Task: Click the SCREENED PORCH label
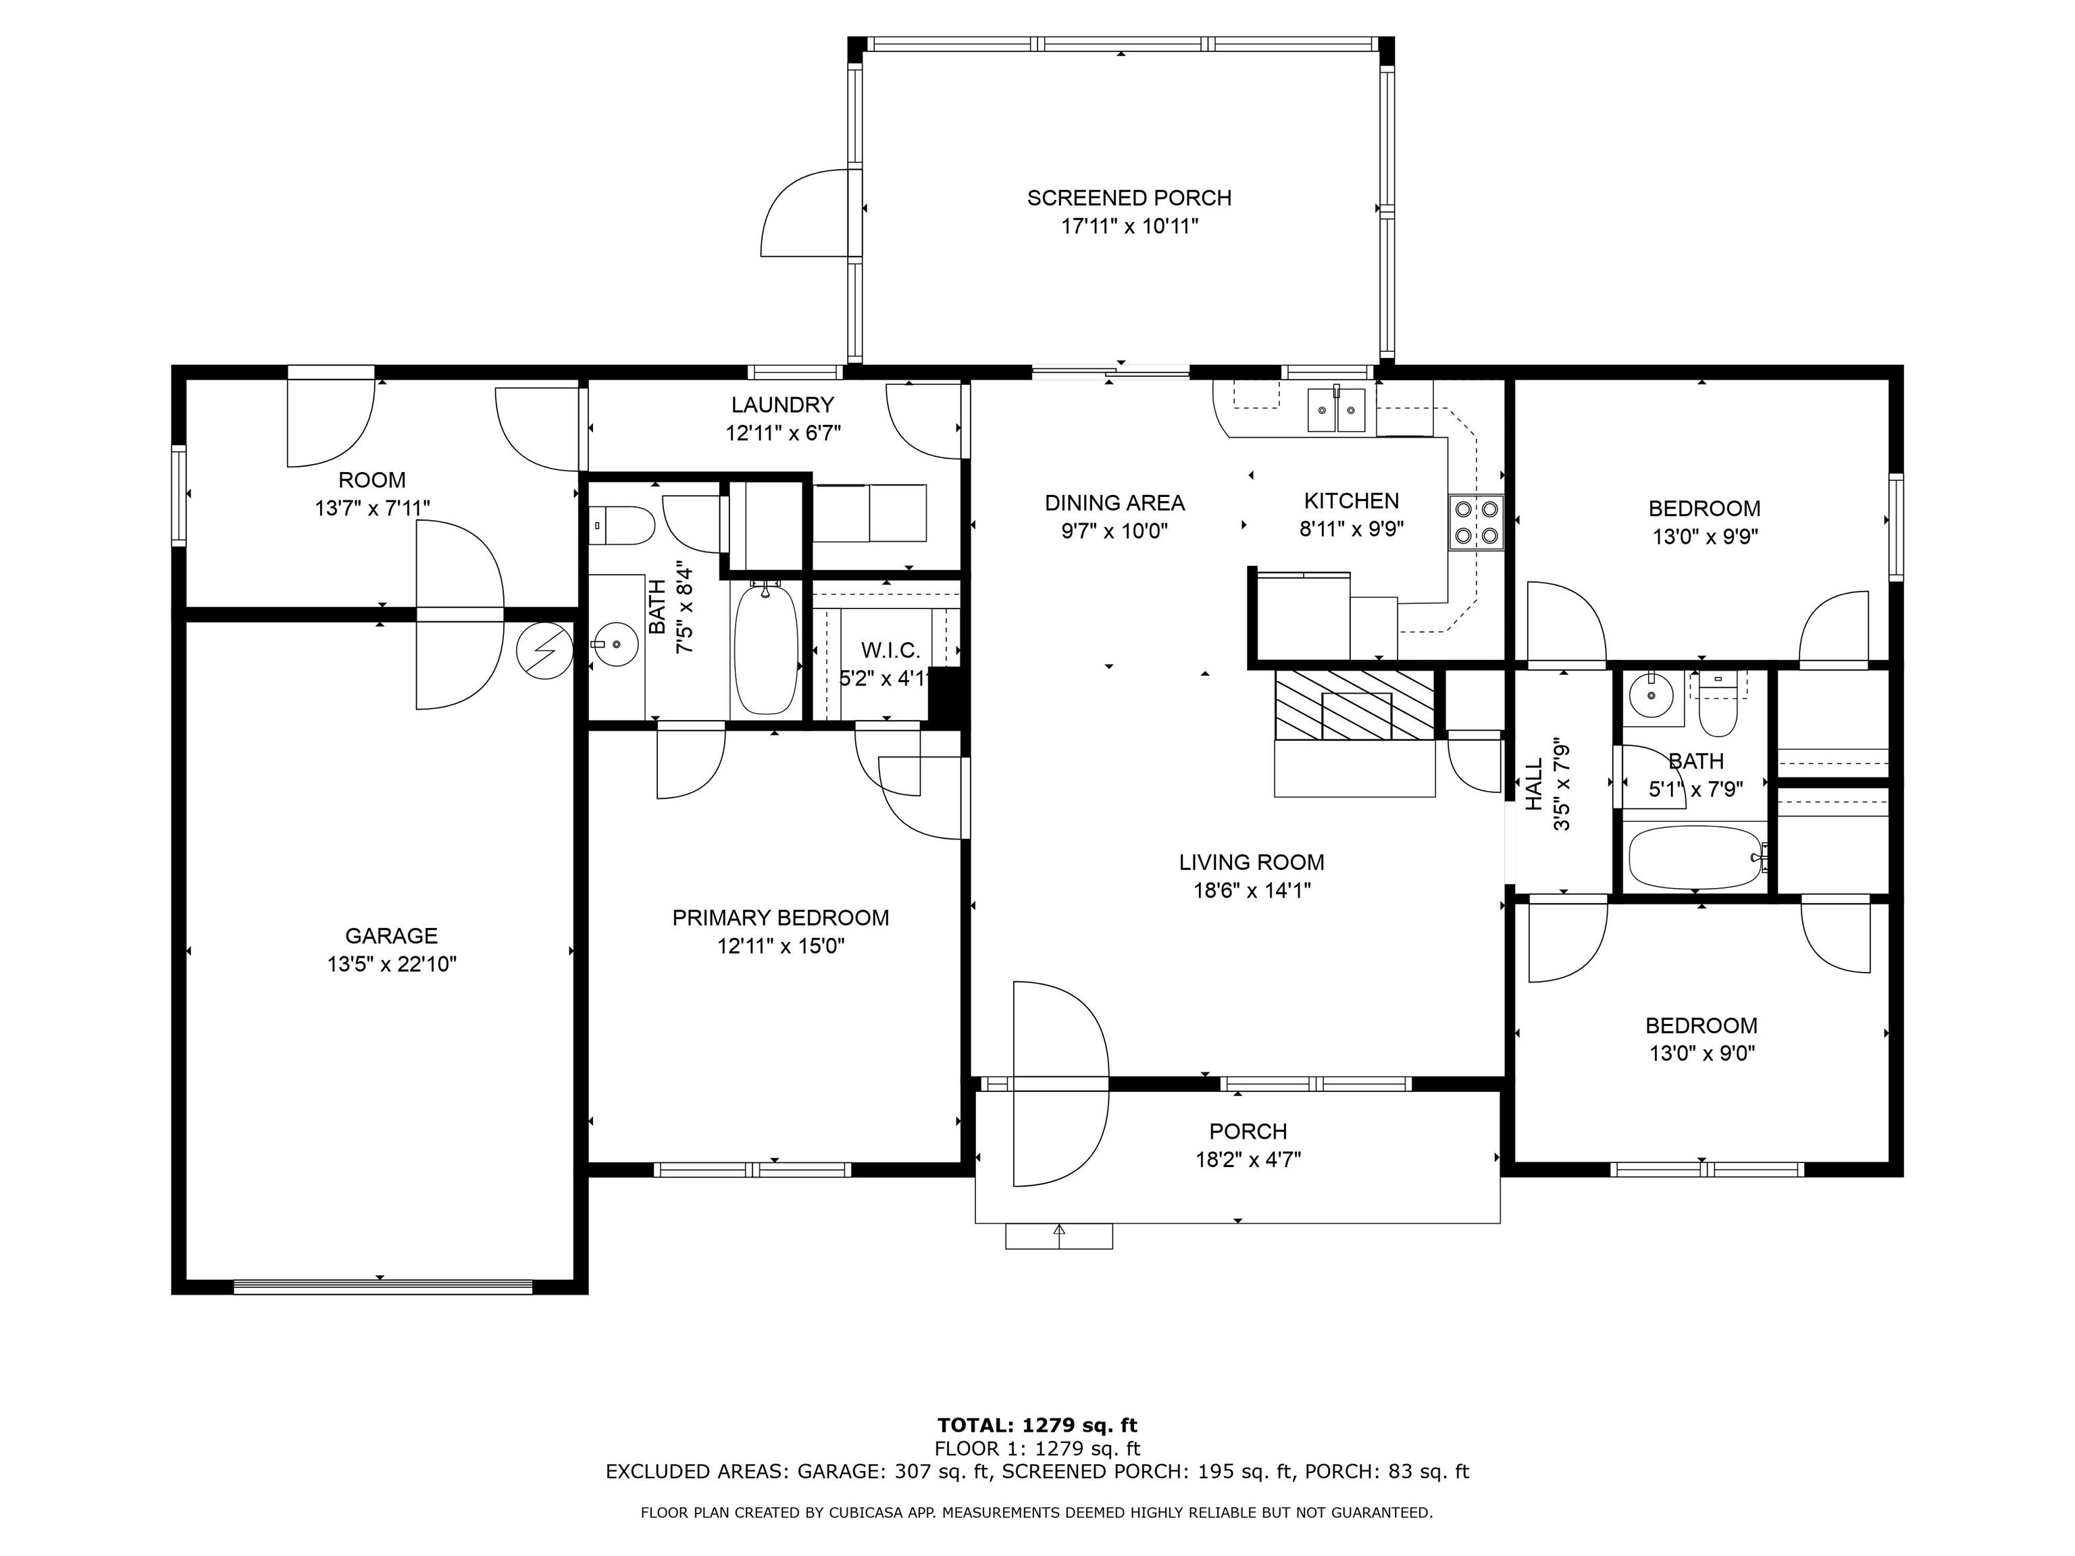point(1129,198)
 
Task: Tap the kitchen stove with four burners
point(1477,523)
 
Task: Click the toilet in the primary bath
point(621,526)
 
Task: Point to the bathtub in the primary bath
point(765,649)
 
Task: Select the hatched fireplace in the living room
point(1354,705)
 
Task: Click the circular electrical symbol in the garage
point(544,650)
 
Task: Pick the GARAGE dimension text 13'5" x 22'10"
point(392,964)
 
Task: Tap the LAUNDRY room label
point(782,405)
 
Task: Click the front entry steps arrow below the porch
point(1060,1236)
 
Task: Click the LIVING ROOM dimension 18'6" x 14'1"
point(1252,890)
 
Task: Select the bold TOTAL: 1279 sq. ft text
point(1037,1426)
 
